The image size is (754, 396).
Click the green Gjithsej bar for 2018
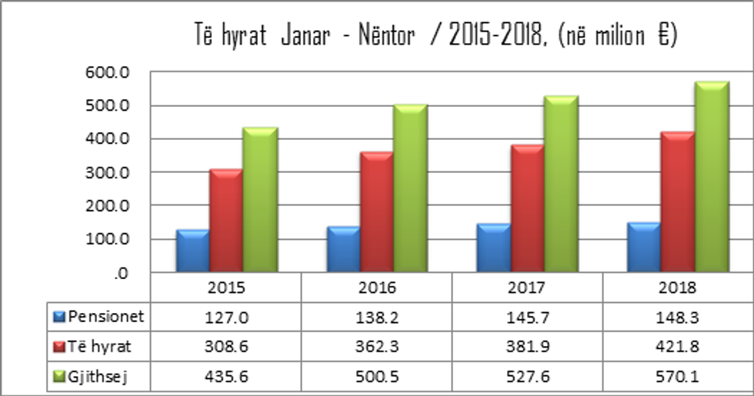coord(712,177)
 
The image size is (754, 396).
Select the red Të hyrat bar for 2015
coord(226,220)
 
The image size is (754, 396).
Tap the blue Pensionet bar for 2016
coord(342,249)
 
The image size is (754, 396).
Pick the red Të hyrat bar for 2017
coord(528,208)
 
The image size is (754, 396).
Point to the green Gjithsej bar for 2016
coord(410,188)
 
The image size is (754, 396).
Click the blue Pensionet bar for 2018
coord(644,247)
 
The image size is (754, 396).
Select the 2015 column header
coord(226,289)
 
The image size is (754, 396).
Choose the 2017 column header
coord(527,289)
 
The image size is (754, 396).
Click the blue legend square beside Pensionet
coord(60,316)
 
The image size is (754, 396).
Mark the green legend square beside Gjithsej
coord(60,376)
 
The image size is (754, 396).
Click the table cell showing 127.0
coord(226,316)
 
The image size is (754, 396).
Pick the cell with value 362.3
coord(377,346)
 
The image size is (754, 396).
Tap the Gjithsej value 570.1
coord(678,376)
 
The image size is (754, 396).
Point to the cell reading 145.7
coord(527,316)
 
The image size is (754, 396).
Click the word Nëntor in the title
coord(387,37)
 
